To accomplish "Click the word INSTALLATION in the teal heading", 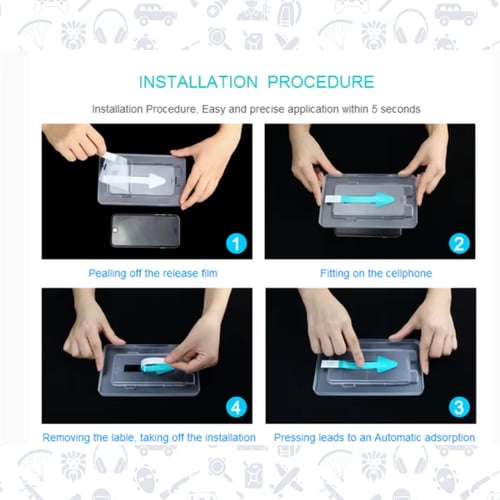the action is [198, 82].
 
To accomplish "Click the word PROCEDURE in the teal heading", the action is [321, 82].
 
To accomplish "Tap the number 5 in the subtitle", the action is [374, 109].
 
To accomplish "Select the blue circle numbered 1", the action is [236, 244].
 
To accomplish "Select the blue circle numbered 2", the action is [459, 244].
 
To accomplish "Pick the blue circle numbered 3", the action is [459, 407].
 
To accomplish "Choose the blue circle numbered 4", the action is [236, 407].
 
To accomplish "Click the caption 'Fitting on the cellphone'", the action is [376, 273].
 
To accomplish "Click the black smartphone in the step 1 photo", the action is [145, 231].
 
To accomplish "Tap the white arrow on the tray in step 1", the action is [134, 181].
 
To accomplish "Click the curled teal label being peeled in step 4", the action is [157, 365].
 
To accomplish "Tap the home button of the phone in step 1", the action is [115, 230].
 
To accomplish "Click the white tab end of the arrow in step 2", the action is [332, 199].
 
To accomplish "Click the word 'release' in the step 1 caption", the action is [180, 273].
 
